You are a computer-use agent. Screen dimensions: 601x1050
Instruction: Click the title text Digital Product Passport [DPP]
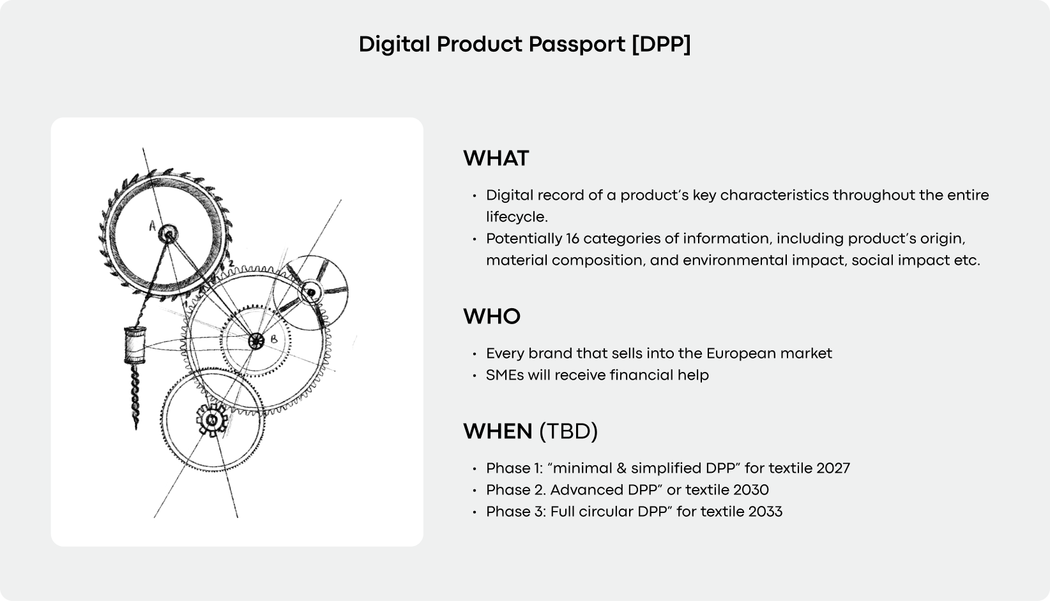524,45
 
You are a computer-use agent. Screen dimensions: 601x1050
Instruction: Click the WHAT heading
496,158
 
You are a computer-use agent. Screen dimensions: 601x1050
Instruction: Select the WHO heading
491,316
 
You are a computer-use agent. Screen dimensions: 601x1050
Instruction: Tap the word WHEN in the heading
498,431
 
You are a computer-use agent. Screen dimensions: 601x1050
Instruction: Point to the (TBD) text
568,431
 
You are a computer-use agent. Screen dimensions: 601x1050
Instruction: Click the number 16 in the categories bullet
572,239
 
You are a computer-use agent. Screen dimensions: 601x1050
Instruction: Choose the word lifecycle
517,217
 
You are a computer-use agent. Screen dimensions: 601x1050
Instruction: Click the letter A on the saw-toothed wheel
152,225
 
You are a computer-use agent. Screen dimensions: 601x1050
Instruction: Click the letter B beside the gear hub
273,339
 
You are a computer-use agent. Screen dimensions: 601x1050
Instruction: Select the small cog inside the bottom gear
211,420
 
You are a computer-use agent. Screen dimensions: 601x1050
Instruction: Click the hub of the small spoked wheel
311,292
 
